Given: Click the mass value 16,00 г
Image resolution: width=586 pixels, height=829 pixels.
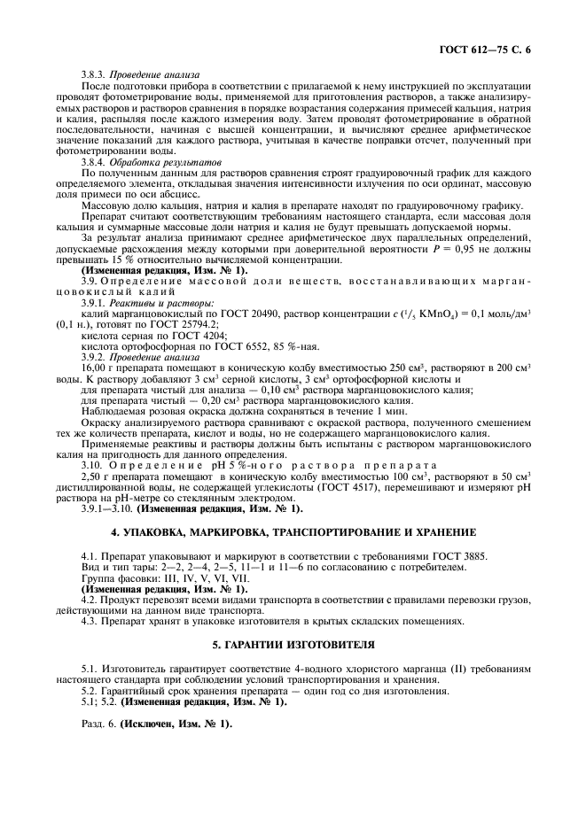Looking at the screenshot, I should tap(97, 367).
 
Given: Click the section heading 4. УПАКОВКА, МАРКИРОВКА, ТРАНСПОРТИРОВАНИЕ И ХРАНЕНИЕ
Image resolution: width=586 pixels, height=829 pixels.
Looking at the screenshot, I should tap(293, 532).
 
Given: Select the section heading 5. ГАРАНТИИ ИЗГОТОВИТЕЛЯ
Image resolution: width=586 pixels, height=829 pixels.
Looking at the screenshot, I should tap(293, 642).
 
